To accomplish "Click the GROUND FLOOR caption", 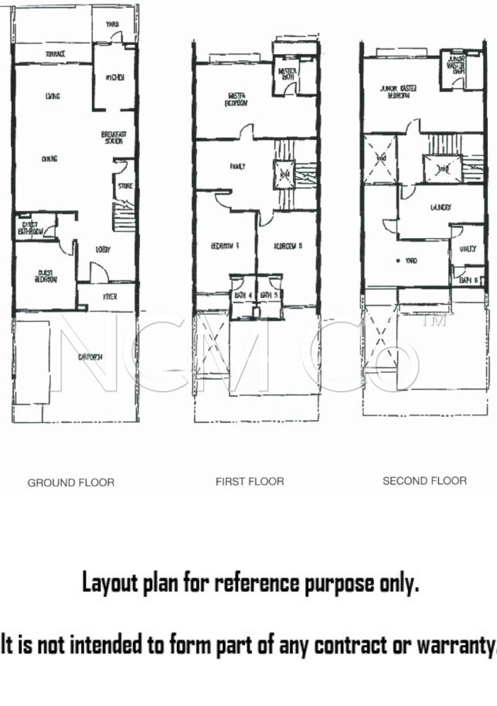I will tap(71, 483).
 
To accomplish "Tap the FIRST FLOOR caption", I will tap(250, 481).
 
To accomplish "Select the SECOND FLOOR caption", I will tap(424, 481).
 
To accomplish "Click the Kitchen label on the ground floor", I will tap(115, 78).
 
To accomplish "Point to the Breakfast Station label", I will tap(114, 138).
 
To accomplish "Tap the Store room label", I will tap(125, 186).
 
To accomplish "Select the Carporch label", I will tap(90, 357).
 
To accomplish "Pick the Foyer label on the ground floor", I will tap(110, 296).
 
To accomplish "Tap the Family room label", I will tap(237, 167).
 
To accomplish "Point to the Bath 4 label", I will tap(243, 295).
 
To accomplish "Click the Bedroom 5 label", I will tap(288, 246).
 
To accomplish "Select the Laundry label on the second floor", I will tap(440, 208).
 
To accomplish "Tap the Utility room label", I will tap(468, 249).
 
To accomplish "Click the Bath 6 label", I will tap(468, 280).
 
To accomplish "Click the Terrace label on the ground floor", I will tap(55, 54).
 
